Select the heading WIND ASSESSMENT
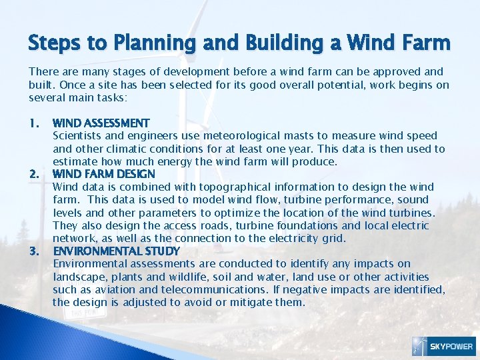[x=101, y=123]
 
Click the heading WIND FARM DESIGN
[x=104, y=174]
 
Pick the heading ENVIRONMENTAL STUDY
[x=116, y=251]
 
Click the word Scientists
[x=77, y=136]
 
